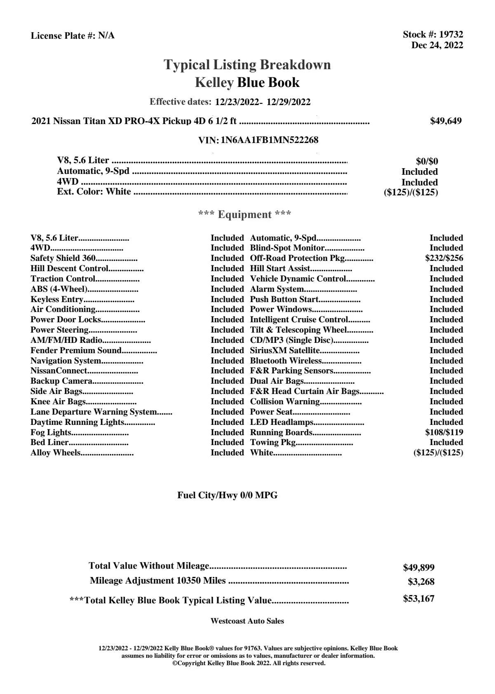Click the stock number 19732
(451, 35)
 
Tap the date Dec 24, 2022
(437, 45)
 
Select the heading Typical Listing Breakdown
(247, 65)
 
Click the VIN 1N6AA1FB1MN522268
(270, 140)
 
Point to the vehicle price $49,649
(446, 121)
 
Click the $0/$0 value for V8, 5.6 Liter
(427, 161)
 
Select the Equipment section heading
(244, 214)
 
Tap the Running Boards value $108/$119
(444, 432)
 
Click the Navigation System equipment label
(66, 361)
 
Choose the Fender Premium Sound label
(76, 350)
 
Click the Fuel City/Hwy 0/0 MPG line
(227, 495)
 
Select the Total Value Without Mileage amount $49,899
(418, 567)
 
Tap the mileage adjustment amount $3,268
(421, 582)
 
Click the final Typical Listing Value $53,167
(418, 599)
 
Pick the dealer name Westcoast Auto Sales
(247, 621)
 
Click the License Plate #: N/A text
(73, 36)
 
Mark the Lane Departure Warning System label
(93, 412)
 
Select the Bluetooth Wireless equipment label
(286, 361)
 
